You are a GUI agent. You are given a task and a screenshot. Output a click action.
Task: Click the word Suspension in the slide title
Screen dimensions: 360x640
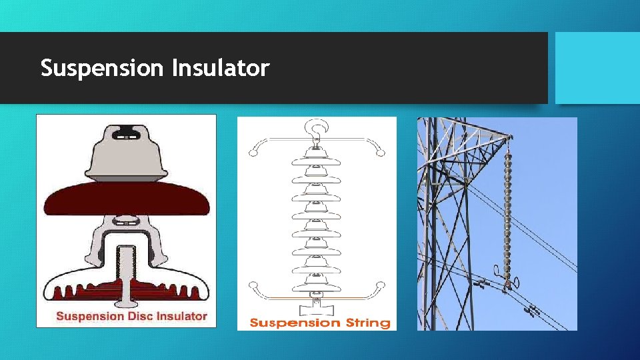pos(102,68)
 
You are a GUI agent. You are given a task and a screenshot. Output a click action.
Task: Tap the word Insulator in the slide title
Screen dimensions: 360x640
pos(220,68)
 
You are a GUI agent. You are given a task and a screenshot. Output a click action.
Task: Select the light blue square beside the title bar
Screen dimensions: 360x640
pos(597,68)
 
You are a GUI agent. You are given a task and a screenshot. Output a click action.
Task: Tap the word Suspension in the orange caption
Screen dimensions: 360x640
pos(294,323)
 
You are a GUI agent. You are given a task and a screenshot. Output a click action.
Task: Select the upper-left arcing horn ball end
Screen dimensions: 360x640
pos(253,152)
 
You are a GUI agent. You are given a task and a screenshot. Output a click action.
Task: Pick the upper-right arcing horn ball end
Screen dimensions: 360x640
pos(380,152)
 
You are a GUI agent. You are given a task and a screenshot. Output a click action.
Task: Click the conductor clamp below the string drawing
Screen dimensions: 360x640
pos(317,309)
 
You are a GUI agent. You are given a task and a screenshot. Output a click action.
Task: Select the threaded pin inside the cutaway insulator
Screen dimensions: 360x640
pos(126,270)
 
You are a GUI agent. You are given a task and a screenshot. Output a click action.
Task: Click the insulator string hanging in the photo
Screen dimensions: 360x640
pos(509,213)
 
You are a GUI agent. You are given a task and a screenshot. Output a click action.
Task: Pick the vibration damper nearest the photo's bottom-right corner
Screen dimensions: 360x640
pos(533,310)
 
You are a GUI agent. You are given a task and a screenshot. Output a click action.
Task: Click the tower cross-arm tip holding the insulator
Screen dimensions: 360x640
pos(508,137)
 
